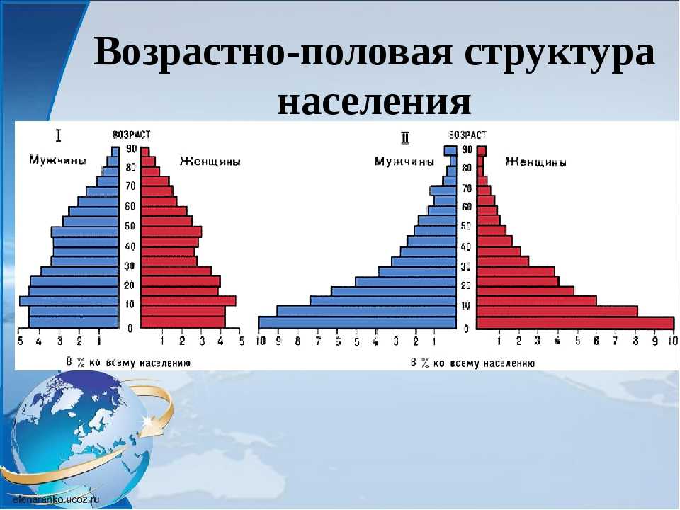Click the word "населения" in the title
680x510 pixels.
[x=374, y=103]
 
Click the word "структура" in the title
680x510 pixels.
[x=559, y=53]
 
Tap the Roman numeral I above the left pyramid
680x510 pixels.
[x=59, y=135]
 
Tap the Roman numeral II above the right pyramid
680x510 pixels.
[x=404, y=137]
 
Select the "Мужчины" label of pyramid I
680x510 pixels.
[x=57, y=160]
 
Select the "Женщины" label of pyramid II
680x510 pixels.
[x=535, y=162]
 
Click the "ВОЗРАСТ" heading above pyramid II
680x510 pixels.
[x=467, y=135]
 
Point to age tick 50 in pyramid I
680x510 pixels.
[x=130, y=226]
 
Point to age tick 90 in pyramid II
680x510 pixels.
[x=467, y=149]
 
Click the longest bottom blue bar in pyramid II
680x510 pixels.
[x=357, y=322]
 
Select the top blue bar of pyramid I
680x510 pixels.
[x=115, y=152]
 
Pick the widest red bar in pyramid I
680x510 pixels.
[x=188, y=301]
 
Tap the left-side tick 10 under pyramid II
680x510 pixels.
[x=260, y=341]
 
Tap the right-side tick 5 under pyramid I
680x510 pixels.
[x=242, y=341]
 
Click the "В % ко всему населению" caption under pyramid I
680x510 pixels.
[x=128, y=363]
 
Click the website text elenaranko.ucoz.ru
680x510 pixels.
[x=57, y=499]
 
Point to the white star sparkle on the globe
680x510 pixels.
[x=149, y=421]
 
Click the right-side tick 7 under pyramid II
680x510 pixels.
[x=616, y=341]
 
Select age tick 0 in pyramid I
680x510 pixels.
[x=130, y=328]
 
